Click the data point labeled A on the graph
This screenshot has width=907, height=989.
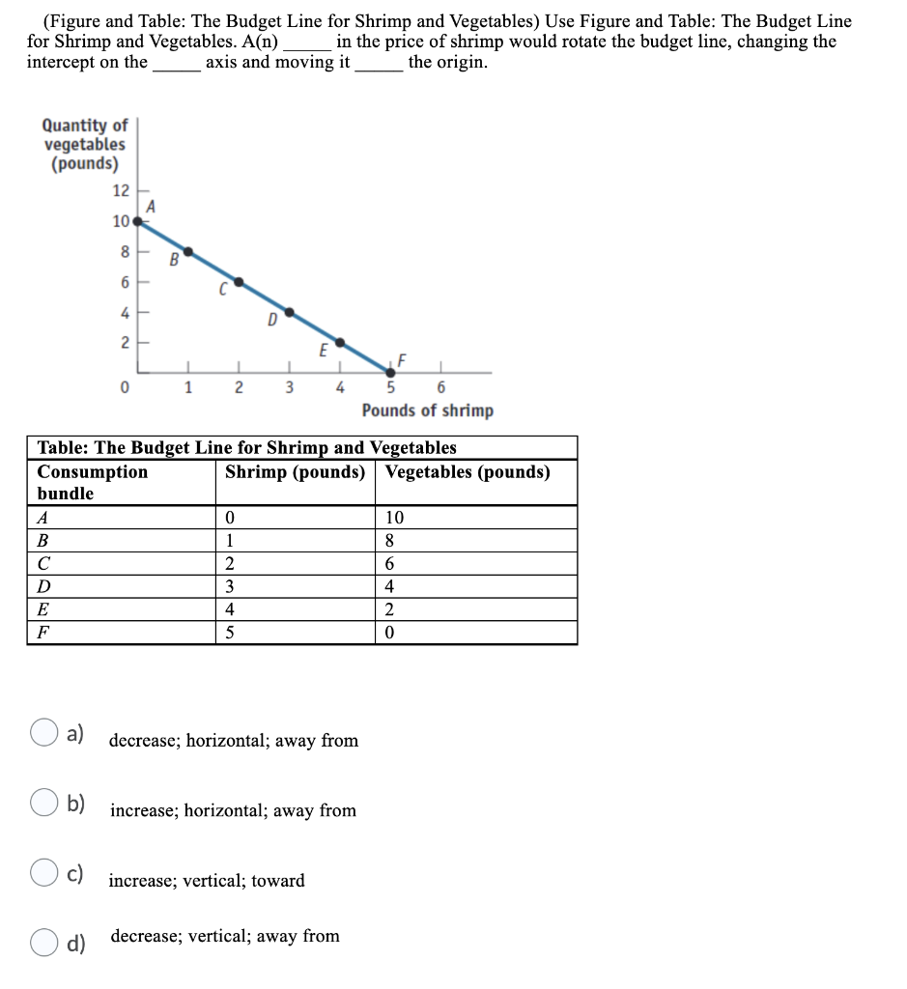(x=138, y=221)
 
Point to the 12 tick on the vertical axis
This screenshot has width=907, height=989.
(x=120, y=189)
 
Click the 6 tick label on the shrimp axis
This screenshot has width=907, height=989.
(x=441, y=389)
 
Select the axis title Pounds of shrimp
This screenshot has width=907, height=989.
(x=427, y=410)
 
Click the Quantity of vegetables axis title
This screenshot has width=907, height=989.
(x=84, y=144)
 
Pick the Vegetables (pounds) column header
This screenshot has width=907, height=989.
(x=468, y=472)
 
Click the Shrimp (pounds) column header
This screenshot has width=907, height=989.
(x=295, y=472)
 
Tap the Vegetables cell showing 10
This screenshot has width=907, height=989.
(x=395, y=518)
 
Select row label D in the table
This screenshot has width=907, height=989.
(x=43, y=587)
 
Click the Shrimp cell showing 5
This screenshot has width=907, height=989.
(x=229, y=634)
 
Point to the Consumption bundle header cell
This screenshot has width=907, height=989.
(x=92, y=482)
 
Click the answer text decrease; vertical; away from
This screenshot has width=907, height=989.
(x=225, y=936)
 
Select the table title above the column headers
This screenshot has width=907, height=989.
(x=246, y=447)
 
